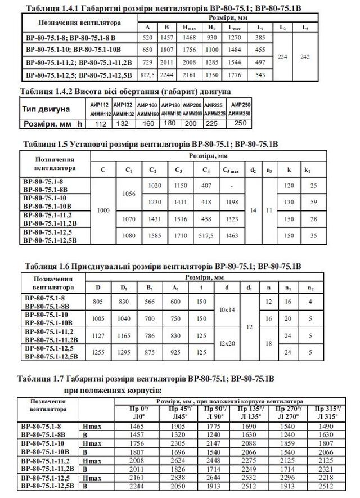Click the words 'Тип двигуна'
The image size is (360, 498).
point(46,109)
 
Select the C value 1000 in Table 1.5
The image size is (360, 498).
point(102,209)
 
